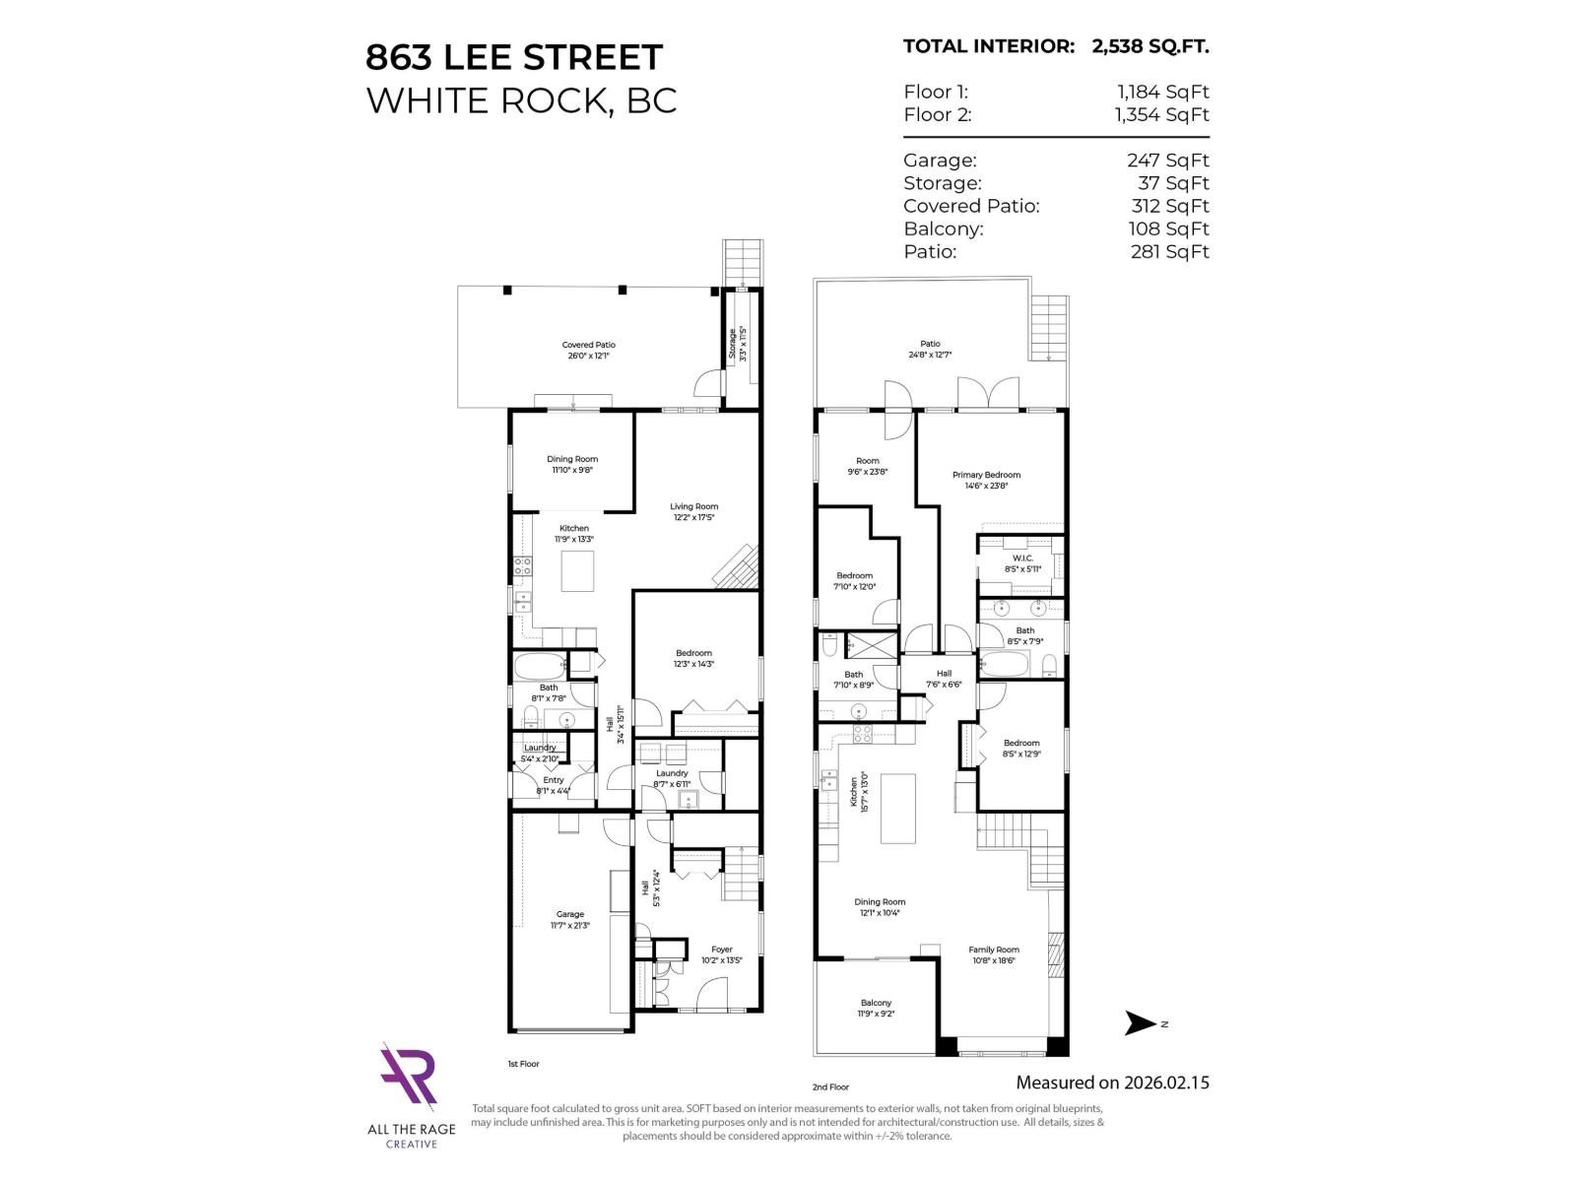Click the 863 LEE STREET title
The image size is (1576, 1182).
pyautogui.click(x=514, y=57)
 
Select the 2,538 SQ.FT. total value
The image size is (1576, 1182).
pyautogui.click(x=1149, y=46)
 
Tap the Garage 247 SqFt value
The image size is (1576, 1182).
pyautogui.click(x=1167, y=161)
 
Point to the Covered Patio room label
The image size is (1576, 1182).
pyautogui.click(x=589, y=350)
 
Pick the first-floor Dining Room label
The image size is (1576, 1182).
pyautogui.click(x=572, y=464)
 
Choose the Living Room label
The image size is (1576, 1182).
pyautogui.click(x=694, y=511)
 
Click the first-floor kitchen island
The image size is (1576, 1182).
pyautogui.click(x=577, y=571)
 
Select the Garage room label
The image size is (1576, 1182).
pyautogui.click(x=569, y=919)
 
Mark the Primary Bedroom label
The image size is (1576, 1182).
pyautogui.click(x=986, y=480)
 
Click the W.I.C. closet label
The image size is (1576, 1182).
pyautogui.click(x=1022, y=562)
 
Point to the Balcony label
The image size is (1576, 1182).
pyautogui.click(x=876, y=1008)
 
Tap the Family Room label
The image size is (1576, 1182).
pyautogui.click(x=993, y=954)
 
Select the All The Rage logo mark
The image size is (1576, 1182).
pyautogui.click(x=410, y=1076)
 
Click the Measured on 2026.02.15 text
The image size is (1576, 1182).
pyautogui.click(x=1112, y=1083)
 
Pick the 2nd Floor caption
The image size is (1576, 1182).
pyautogui.click(x=830, y=1087)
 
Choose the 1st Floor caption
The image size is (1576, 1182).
pyautogui.click(x=523, y=1064)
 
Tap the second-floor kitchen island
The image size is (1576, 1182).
pyautogui.click(x=897, y=809)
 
